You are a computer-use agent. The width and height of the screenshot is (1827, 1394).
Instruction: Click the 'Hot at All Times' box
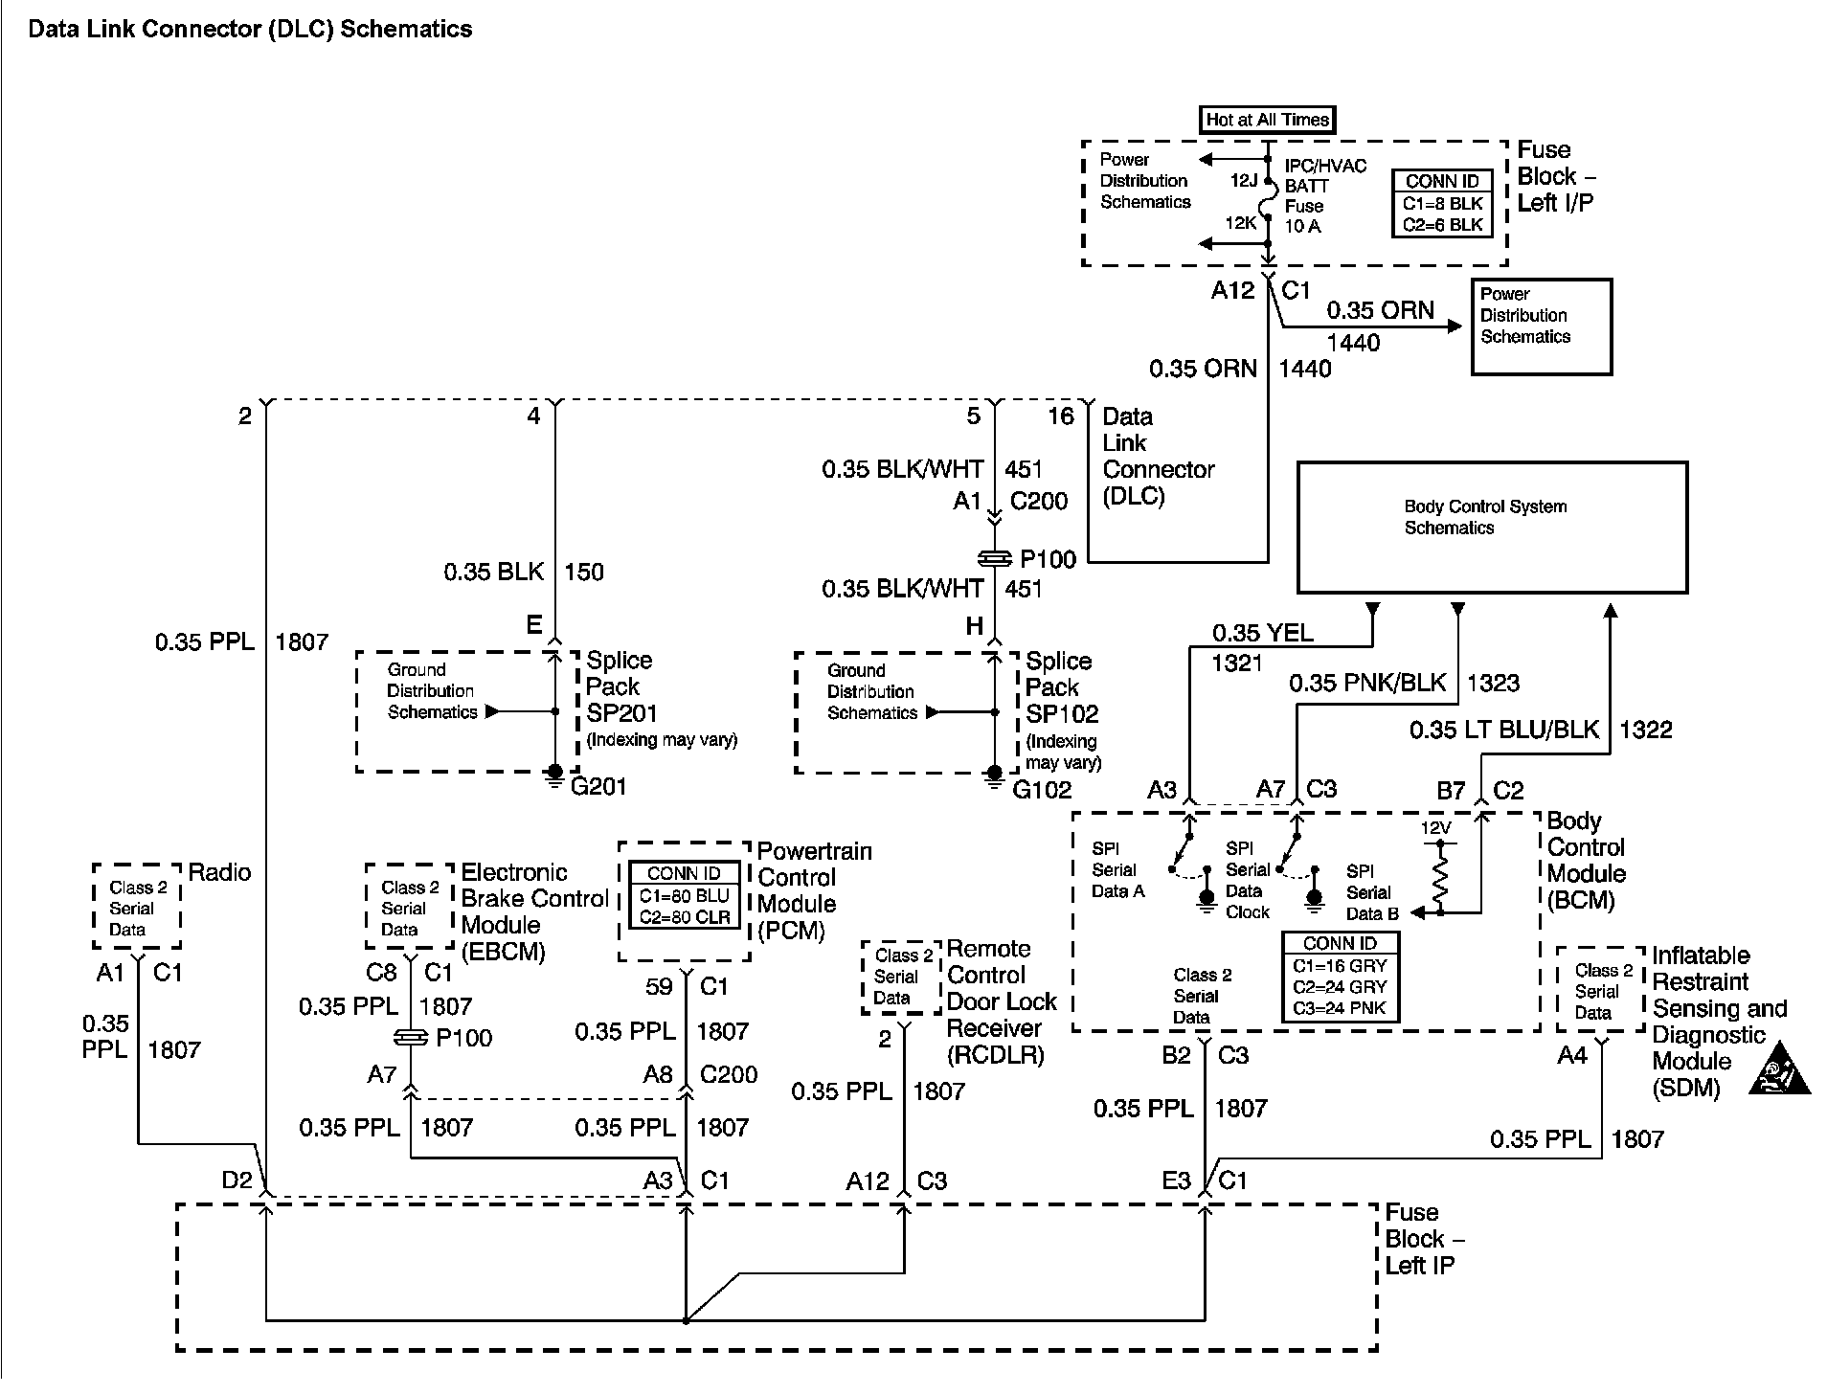(x=1267, y=120)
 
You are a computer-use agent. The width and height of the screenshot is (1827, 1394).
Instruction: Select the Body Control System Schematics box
(x=1491, y=528)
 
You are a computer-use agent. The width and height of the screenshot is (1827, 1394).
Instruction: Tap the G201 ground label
(x=598, y=787)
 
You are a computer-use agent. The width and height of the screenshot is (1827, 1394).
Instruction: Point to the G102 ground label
(x=1042, y=790)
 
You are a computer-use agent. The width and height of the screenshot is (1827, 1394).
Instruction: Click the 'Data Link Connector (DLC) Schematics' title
(x=250, y=29)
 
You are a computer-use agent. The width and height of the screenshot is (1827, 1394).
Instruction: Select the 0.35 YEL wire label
(x=1262, y=633)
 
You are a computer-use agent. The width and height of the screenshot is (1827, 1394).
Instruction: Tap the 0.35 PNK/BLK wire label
(x=1366, y=683)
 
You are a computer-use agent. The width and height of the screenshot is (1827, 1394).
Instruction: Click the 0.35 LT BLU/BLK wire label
(x=1503, y=730)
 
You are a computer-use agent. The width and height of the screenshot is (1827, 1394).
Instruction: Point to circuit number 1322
(x=1645, y=730)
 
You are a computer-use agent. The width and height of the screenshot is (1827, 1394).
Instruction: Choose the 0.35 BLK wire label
(x=493, y=573)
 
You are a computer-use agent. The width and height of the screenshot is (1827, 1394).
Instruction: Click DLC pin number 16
(x=1060, y=416)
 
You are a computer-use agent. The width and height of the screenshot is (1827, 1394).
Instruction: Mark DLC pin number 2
(x=245, y=416)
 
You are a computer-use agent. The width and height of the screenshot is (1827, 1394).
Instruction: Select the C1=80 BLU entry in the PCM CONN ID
(x=684, y=896)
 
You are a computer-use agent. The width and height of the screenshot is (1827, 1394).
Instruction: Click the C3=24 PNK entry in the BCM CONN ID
(x=1339, y=1007)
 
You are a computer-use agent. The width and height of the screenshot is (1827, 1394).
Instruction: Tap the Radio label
(x=219, y=872)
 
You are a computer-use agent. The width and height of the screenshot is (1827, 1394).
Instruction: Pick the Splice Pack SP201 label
(x=620, y=686)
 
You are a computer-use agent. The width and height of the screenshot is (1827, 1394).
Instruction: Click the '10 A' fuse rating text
(x=1302, y=226)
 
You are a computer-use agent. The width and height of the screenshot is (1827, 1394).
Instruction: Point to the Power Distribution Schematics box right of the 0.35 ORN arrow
(x=1541, y=326)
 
